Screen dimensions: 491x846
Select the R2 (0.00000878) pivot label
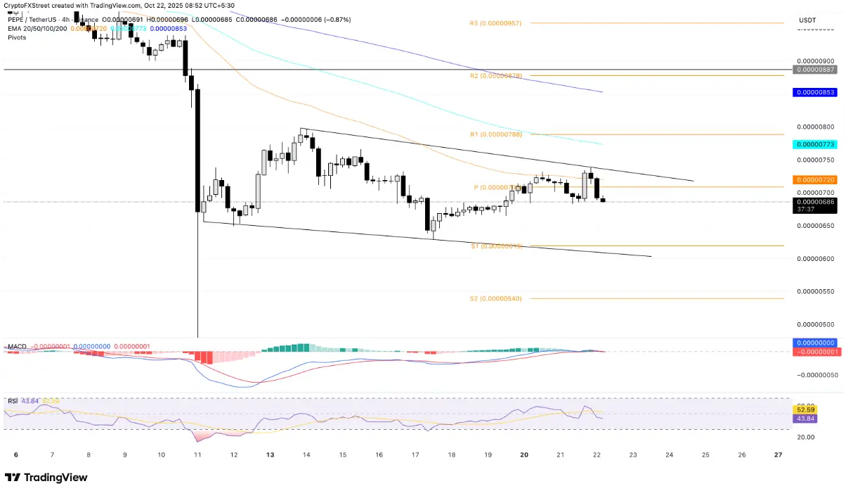(x=496, y=75)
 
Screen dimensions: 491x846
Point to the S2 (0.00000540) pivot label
(x=495, y=298)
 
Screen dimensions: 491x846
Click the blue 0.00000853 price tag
(x=814, y=92)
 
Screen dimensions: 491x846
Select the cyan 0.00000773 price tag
(x=814, y=144)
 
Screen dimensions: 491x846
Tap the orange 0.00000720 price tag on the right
(x=814, y=180)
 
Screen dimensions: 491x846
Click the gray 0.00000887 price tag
(x=814, y=70)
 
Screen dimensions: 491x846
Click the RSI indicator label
(x=13, y=401)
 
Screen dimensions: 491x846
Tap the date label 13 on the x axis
(x=270, y=455)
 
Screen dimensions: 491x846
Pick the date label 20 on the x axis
(x=524, y=455)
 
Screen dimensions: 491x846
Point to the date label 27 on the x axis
(x=778, y=455)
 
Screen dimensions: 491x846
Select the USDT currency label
(x=807, y=20)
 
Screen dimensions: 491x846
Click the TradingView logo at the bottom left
(x=46, y=478)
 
